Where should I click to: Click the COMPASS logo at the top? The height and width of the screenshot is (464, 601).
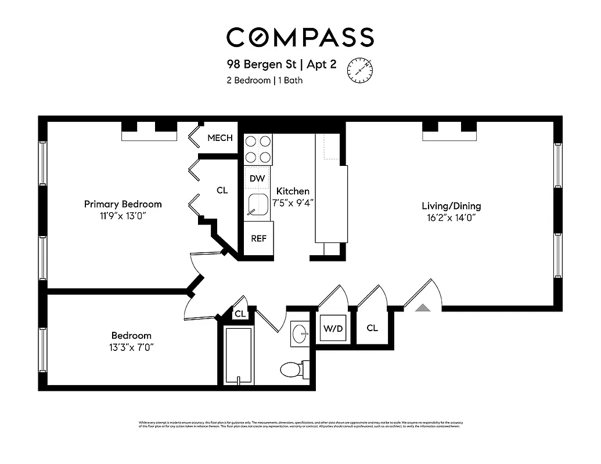point(300,37)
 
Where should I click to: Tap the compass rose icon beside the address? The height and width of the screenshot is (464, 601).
point(359,71)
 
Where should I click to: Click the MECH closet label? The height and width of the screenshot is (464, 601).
point(220,138)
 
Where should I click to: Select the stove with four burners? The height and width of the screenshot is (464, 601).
point(258,148)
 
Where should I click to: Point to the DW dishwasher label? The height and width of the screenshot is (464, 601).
point(257,178)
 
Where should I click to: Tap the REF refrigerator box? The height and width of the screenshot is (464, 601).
point(258,238)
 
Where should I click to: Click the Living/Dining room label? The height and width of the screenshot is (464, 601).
point(451,206)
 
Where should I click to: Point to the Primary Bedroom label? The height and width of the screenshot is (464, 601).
point(123,204)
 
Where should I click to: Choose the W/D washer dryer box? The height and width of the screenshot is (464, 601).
point(332,328)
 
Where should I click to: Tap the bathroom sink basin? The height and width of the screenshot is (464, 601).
point(300,333)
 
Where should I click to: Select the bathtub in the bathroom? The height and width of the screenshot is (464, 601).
point(238,356)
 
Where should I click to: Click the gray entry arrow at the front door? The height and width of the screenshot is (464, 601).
point(423,307)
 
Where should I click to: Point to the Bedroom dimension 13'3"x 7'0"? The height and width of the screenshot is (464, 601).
point(132,347)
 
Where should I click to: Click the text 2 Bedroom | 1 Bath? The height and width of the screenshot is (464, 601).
point(264,81)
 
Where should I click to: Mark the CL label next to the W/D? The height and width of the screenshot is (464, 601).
point(372,328)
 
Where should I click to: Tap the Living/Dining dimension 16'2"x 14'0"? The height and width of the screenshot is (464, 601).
point(451,219)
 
